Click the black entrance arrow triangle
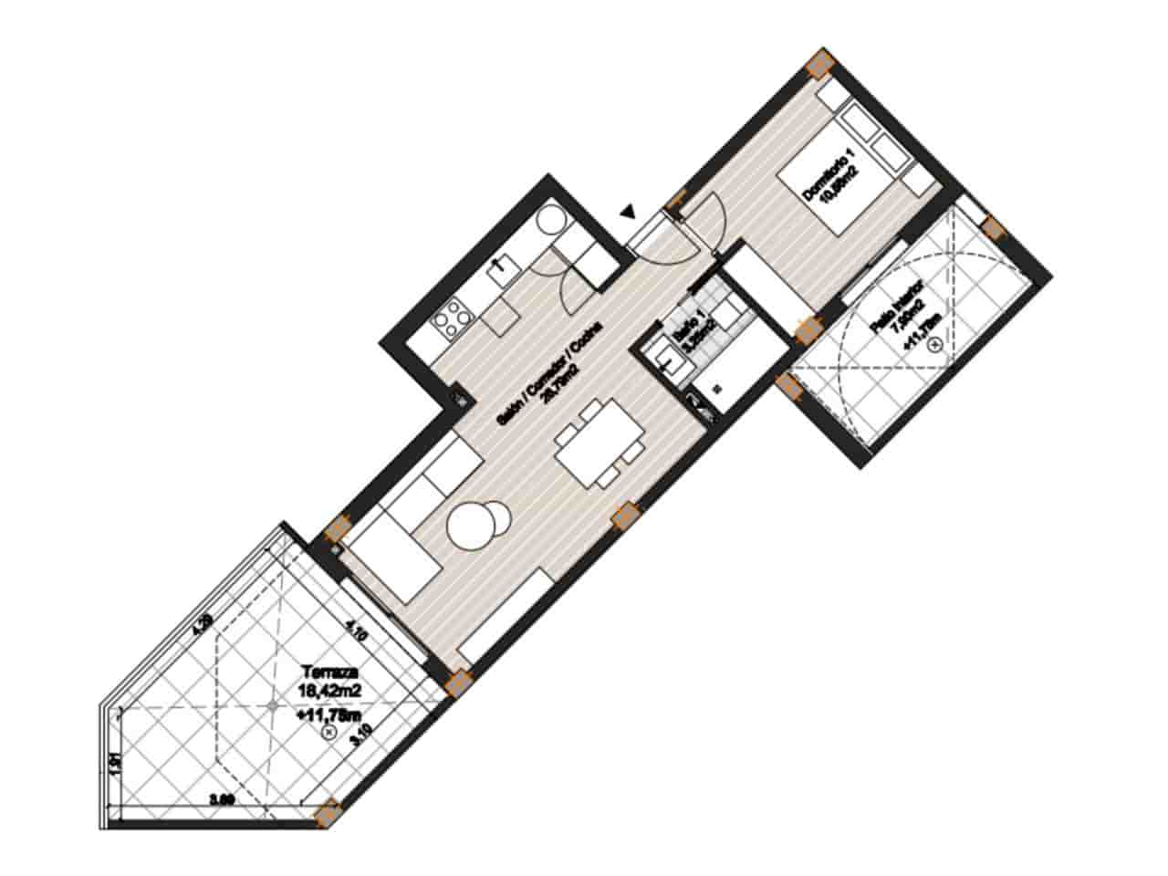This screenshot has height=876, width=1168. tap(626, 213)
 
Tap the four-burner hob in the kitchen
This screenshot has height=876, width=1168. tap(451, 319)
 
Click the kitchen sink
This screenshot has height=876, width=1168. tap(502, 266)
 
